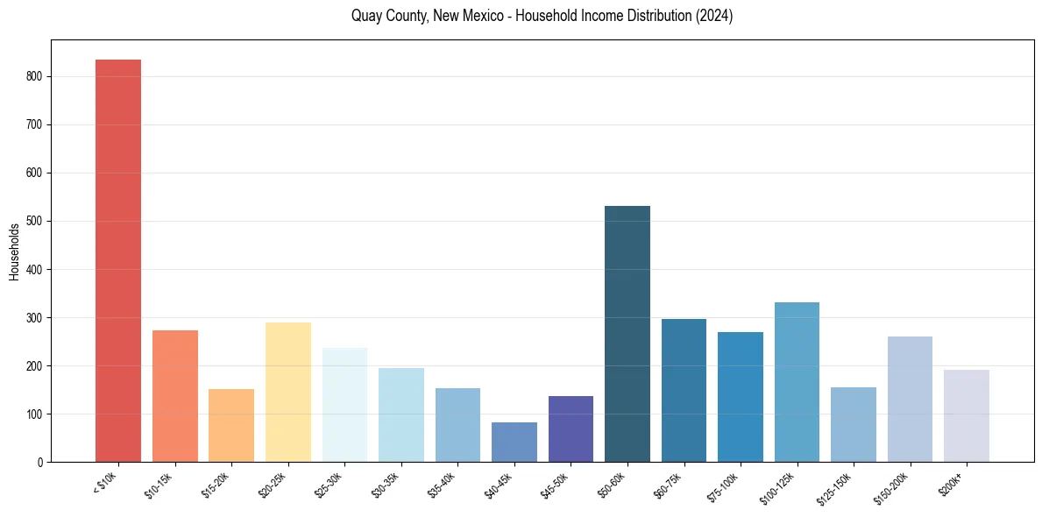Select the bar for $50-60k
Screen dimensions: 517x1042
[627, 334]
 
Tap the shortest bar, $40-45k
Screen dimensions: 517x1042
[514, 442]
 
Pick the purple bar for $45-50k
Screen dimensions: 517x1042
[571, 428]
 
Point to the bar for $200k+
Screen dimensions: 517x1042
[967, 415]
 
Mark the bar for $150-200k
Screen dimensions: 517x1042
[910, 399]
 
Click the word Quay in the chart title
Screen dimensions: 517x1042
[365, 17]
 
